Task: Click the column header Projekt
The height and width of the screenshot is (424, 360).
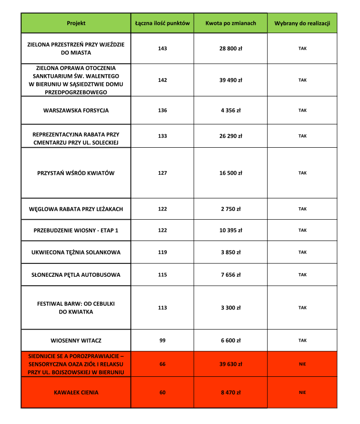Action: pyautogui.click(x=76, y=23)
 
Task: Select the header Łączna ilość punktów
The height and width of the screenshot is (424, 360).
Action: pyautogui.click(x=162, y=23)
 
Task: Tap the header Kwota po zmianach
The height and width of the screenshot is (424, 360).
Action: pyautogui.click(x=231, y=23)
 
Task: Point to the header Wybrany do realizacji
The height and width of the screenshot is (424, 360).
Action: pyautogui.click(x=302, y=23)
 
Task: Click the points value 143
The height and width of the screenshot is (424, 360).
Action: pyautogui.click(x=162, y=48)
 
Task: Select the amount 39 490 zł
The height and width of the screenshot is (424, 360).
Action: pyautogui.click(x=231, y=80)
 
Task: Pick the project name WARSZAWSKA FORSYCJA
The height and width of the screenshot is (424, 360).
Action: pyautogui.click(x=76, y=110)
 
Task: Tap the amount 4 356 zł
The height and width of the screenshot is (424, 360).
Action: pyautogui.click(x=231, y=110)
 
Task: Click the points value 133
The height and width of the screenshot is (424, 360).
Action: pyautogui.click(x=162, y=136)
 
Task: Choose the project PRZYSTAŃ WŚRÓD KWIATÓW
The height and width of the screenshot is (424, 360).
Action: pyautogui.click(x=76, y=173)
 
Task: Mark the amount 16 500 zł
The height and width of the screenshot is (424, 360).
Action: pyautogui.click(x=231, y=173)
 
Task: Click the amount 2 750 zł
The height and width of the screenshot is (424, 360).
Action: pyautogui.click(x=231, y=209)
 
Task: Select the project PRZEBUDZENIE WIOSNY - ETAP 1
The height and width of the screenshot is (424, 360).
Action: pyautogui.click(x=76, y=230)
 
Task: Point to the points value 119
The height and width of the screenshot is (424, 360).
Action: pyautogui.click(x=162, y=252)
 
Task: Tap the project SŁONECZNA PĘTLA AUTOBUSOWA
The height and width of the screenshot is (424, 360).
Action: pyautogui.click(x=76, y=275)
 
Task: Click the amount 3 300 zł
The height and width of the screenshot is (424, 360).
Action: pyautogui.click(x=231, y=307)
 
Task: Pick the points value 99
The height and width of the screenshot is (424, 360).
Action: pyautogui.click(x=162, y=341)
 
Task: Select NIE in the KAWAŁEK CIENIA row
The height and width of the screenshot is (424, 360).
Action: pyautogui.click(x=302, y=392)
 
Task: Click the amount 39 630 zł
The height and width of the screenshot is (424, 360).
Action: pyautogui.click(x=231, y=364)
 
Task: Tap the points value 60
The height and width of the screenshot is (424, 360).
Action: pyautogui.click(x=162, y=392)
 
